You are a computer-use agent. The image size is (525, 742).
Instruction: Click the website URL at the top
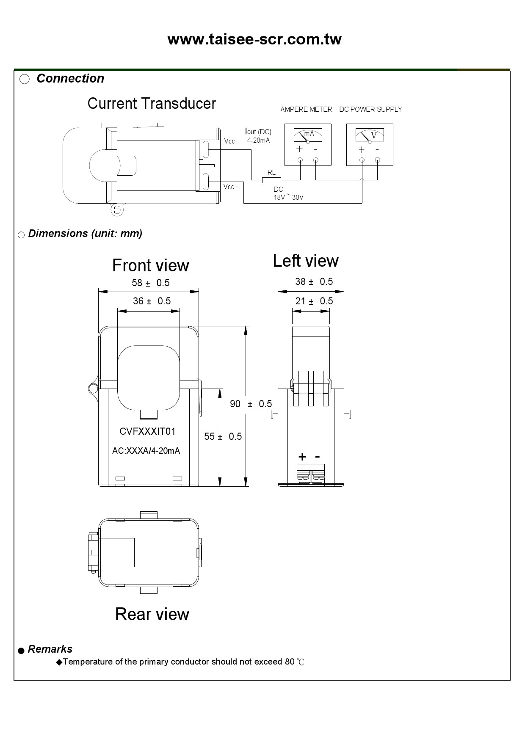(x=254, y=39)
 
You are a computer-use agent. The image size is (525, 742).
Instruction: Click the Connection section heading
(x=70, y=78)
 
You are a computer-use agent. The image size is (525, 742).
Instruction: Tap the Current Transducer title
(x=152, y=104)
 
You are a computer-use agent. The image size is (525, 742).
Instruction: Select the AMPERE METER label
(x=306, y=109)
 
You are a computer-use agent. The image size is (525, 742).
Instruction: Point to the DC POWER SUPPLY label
(x=370, y=109)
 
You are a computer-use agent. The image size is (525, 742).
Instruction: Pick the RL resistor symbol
(x=271, y=180)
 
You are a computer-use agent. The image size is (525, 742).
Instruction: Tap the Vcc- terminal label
(x=230, y=141)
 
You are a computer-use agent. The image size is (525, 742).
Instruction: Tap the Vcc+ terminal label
(x=231, y=187)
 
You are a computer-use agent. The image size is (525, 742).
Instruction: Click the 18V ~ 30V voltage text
(x=288, y=197)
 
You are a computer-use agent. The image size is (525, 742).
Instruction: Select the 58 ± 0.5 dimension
(x=151, y=283)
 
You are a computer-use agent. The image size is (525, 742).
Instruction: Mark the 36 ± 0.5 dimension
(x=152, y=301)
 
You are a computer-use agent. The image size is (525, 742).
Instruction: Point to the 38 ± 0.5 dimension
(x=314, y=281)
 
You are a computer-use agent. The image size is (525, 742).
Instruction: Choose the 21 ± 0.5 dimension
(x=314, y=301)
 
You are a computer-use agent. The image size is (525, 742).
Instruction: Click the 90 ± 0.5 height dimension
(x=251, y=404)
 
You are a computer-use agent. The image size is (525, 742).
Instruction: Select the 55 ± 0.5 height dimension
(x=223, y=436)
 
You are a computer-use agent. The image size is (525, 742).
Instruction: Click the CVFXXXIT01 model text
(x=147, y=431)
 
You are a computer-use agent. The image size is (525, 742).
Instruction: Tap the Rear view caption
(x=152, y=614)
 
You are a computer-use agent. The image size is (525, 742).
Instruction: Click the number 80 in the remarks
(x=290, y=662)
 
